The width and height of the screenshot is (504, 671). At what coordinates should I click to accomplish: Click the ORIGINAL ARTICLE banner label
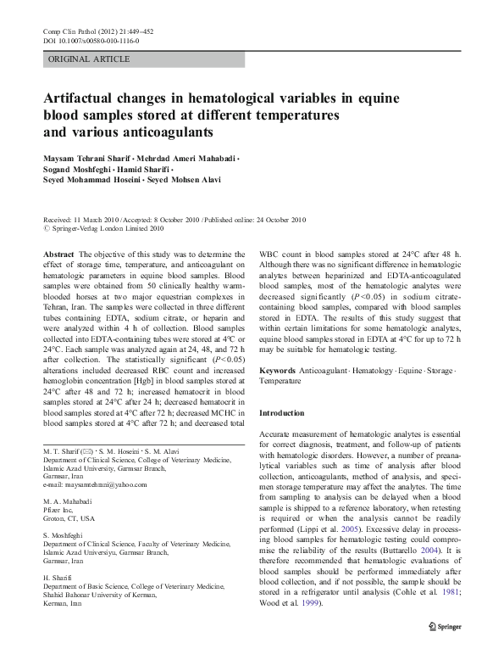89,59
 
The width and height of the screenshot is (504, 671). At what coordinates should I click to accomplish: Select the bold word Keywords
278,371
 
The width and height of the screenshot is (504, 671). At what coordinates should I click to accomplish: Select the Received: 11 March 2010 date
85,218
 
